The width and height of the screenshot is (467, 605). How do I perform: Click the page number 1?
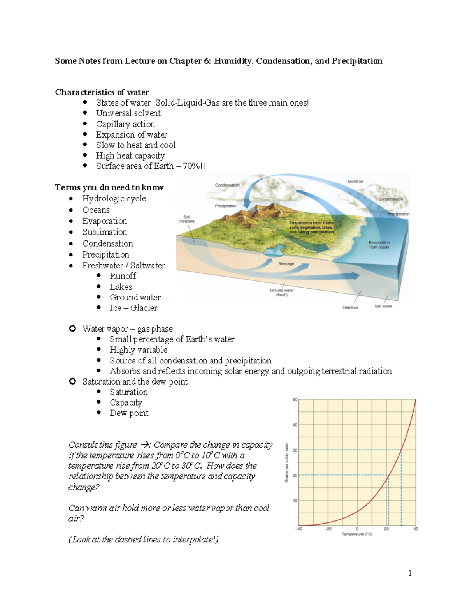tap(409, 573)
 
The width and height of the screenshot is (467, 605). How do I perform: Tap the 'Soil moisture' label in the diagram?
tap(187, 219)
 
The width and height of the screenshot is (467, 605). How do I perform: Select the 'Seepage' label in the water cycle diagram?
tap(286, 264)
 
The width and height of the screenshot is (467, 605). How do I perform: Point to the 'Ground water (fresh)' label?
tap(282, 293)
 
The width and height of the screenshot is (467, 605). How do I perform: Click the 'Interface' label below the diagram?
tap(350, 307)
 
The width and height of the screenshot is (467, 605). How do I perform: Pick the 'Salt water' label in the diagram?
tap(383, 306)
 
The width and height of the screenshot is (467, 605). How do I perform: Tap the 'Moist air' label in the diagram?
tap(355, 182)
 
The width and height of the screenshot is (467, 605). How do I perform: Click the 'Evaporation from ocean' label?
tap(379, 245)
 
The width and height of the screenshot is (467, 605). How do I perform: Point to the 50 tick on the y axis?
tap(295, 400)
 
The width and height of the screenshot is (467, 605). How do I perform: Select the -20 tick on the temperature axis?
tap(328, 529)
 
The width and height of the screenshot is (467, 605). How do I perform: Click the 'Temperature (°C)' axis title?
tap(357, 534)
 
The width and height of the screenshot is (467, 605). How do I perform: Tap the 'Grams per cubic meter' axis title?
tap(287, 462)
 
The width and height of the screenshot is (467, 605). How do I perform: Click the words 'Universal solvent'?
tap(128, 113)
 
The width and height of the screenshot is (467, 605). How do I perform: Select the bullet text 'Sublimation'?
tap(104, 232)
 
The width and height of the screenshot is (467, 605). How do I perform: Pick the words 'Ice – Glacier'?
tap(133, 308)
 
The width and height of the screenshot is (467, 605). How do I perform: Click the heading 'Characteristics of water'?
tap(102, 92)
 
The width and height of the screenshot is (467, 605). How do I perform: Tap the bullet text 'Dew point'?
tap(129, 413)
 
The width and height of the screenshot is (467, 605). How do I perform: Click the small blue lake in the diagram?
tap(276, 250)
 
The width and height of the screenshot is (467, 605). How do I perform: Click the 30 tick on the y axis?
tap(295, 450)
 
